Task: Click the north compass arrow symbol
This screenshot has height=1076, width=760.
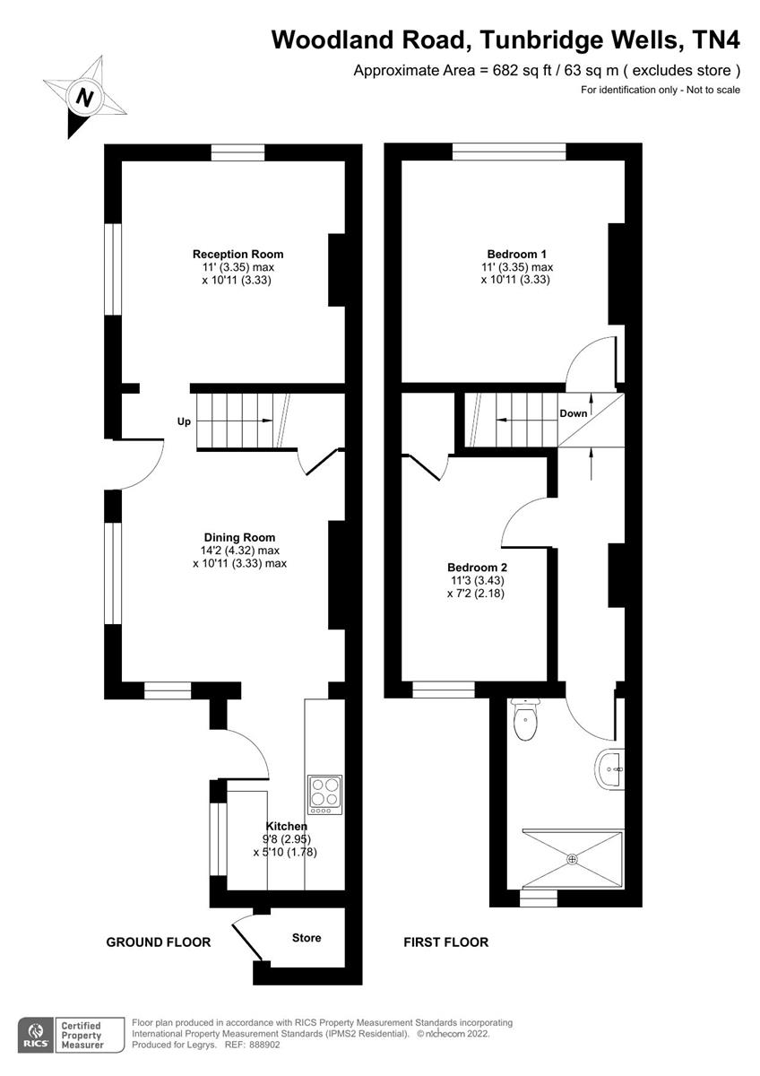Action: point(84,97)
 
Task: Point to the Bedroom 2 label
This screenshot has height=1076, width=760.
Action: point(478,568)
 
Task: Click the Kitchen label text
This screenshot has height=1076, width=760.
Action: point(287,826)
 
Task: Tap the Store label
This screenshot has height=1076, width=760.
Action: point(307,938)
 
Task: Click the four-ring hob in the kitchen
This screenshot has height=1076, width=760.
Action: point(324,794)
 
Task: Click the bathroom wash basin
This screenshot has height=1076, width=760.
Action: point(610,769)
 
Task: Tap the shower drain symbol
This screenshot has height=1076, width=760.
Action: point(572,859)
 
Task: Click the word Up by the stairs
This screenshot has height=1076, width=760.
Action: point(184,421)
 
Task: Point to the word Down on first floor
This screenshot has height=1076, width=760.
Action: point(574,413)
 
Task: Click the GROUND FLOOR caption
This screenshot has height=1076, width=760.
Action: point(159,942)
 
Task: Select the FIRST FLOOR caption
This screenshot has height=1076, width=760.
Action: point(445,942)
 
